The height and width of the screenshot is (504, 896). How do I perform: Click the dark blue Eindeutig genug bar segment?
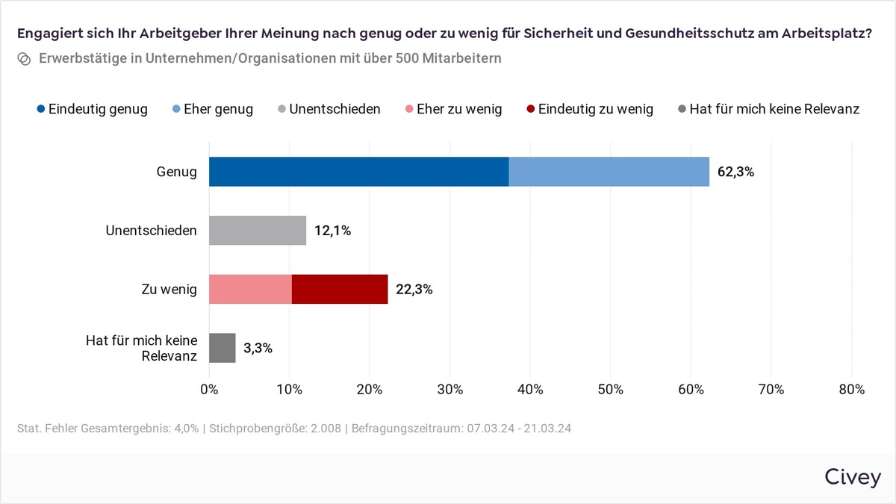pyautogui.click(x=358, y=172)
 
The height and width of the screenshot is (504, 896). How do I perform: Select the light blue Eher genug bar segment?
pyautogui.click(x=609, y=172)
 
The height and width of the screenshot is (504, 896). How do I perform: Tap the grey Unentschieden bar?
pyautogui.click(x=258, y=230)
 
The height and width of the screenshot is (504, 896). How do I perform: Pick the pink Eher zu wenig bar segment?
pyautogui.click(x=250, y=289)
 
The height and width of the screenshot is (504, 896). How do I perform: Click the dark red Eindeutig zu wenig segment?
pyautogui.click(x=340, y=289)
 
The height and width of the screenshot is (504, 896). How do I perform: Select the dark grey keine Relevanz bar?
pyautogui.click(x=223, y=348)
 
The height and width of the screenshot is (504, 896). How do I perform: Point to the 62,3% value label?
pyautogui.click(x=735, y=172)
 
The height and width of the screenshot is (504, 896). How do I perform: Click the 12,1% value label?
pyautogui.click(x=332, y=231)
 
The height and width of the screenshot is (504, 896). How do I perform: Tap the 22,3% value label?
pyautogui.click(x=414, y=289)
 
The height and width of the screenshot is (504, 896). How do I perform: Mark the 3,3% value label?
pyautogui.click(x=258, y=348)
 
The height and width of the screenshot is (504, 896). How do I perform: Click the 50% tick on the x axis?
pyautogui.click(x=610, y=389)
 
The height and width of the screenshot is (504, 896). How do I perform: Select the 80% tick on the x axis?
pyautogui.click(x=851, y=389)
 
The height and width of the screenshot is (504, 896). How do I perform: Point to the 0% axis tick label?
pyautogui.click(x=209, y=389)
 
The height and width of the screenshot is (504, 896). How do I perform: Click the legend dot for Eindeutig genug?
pyautogui.click(x=41, y=109)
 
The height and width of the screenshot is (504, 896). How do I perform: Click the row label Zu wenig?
pyautogui.click(x=169, y=289)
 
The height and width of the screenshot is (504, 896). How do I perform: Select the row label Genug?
pyautogui.click(x=176, y=172)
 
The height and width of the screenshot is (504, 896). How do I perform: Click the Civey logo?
pyautogui.click(x=853, y=477)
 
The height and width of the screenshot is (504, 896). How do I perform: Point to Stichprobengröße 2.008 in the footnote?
pyautogui.click(x=275, y=429)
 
